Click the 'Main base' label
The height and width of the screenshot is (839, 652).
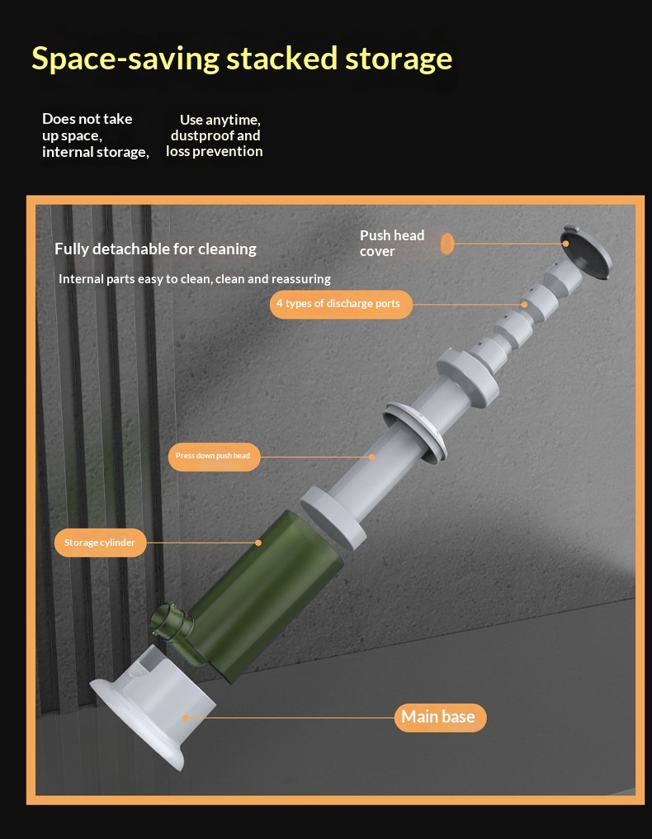(440, 717)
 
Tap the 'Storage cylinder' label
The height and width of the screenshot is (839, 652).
(100, 543)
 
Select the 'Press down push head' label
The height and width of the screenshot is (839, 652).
(214, 457)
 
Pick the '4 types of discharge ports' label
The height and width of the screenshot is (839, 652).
(341, 304)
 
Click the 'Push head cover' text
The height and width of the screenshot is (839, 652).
(392, 243)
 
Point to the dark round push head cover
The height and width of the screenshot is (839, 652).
(587, 252)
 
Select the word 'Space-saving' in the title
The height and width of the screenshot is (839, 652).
(125, 59)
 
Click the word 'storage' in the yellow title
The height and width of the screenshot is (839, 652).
(399, 59)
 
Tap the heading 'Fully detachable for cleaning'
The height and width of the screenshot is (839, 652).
(156, 249)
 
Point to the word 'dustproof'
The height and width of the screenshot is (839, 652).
(201, 135)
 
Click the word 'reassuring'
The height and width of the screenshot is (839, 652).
(301, 279)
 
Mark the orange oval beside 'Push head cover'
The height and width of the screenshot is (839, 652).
(447, 244)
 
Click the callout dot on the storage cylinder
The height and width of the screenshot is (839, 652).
(258, 543)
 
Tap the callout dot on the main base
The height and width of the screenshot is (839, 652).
(187, 718)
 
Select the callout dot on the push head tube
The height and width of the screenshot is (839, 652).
(372, 457)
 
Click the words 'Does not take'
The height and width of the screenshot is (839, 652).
(87, 119)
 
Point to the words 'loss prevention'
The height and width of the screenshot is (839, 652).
(215, 151)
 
